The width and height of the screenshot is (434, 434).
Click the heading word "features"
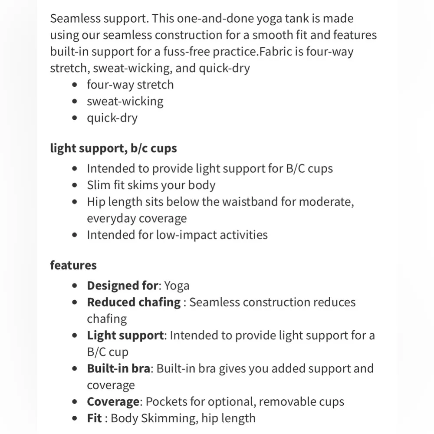click(x=73, y=265)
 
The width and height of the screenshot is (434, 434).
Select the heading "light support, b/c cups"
click(x=113, y=148)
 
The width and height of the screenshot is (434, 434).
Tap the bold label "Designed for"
click(x=122, y=286)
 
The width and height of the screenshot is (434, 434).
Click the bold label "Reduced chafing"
click(x=134, y=302)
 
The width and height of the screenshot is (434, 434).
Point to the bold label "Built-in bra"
click(x=118, y=368)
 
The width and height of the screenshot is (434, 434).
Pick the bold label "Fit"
click(x=94, y=418)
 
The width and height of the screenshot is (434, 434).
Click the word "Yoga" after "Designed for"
click(x=177, y=286)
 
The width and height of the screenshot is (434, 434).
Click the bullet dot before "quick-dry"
click(x=76, y=118)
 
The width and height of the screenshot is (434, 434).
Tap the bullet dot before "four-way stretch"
click(x=76, y=85)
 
